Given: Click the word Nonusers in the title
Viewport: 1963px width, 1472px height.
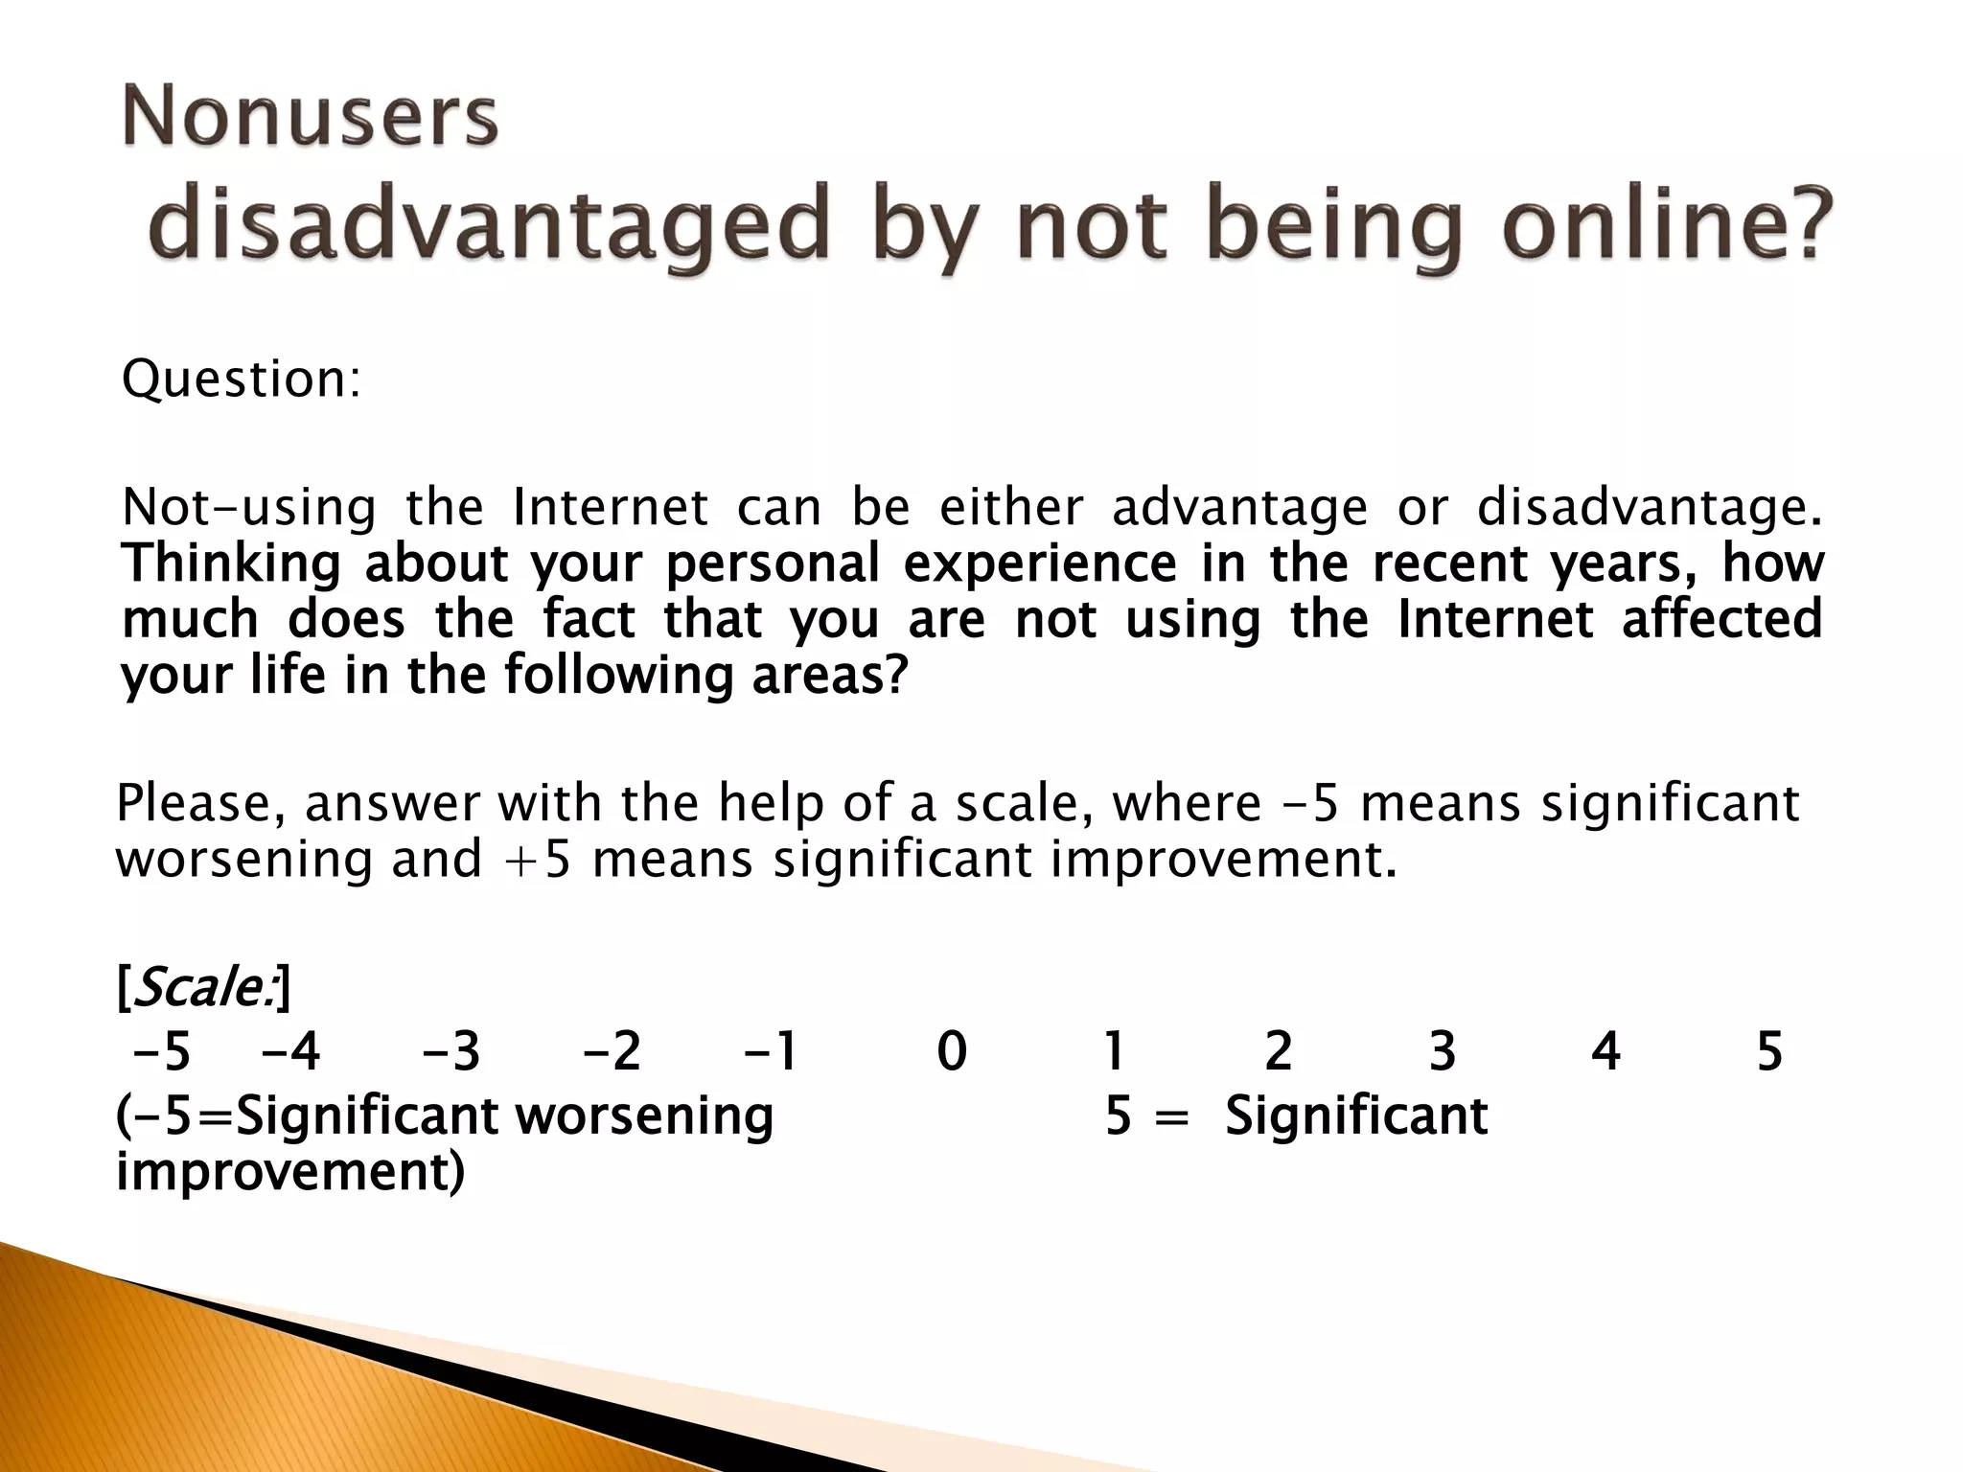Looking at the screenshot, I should point(310,118).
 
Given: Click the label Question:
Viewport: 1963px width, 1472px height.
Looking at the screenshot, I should point(242,379).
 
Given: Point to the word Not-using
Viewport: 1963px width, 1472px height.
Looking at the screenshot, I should point(249,507).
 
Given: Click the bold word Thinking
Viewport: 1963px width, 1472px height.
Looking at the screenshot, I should point(231,563).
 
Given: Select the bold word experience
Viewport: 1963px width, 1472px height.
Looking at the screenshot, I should point(1040,563).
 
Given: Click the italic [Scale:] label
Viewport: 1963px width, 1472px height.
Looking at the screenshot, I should point(202,987).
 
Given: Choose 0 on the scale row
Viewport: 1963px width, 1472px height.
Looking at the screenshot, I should point(952,1051).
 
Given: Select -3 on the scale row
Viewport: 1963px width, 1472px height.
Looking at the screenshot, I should point(450,1051).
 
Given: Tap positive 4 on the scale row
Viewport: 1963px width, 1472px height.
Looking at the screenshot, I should point(1605,1051).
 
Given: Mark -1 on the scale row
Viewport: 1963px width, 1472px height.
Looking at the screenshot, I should point(772,1051).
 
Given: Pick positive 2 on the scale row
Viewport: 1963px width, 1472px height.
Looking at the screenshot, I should point(1279,1051).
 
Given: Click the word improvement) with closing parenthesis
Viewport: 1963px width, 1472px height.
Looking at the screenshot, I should point(290,1172).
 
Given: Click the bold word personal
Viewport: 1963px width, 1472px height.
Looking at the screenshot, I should point(772,563).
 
